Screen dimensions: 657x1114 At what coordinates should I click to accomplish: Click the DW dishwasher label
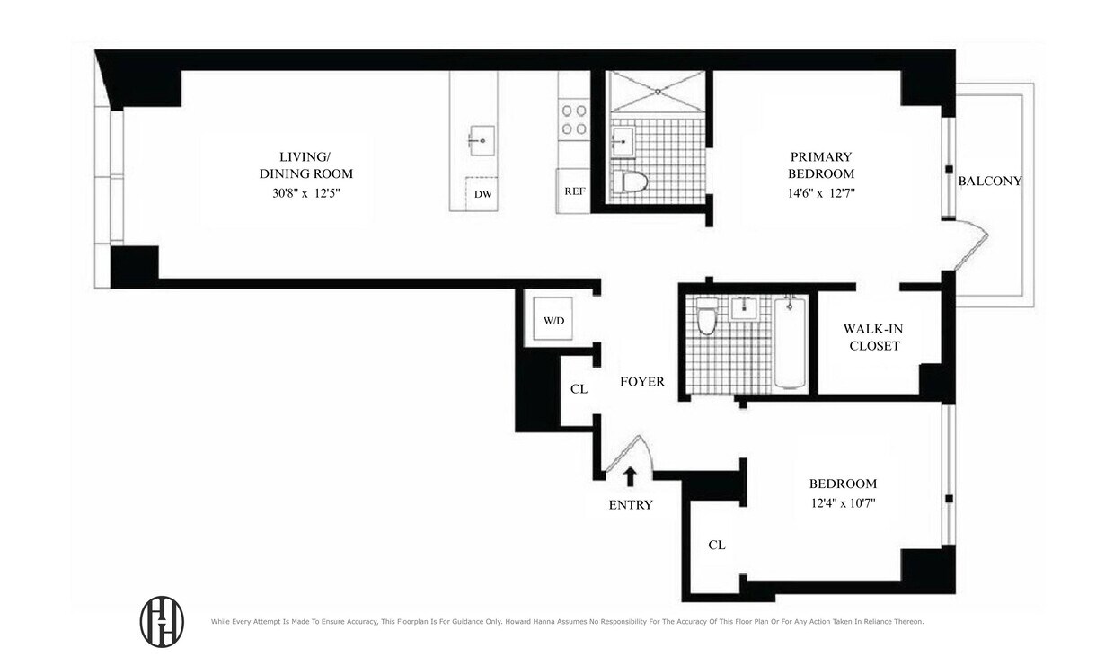[x=483, y=193]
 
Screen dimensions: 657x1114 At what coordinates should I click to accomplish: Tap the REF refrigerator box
[x=574, y=191]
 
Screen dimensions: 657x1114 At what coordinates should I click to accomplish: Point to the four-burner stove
[x=574, y=120]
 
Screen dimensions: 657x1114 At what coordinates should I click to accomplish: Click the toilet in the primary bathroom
[x=636, y=182]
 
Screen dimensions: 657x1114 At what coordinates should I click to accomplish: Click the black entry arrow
[x=631, y=476]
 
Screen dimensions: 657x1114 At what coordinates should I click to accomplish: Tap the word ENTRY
[x=631, y=505]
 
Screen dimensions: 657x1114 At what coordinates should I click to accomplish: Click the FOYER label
[x=642, y=382]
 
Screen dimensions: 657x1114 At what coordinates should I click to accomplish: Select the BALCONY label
[x=990, y=181]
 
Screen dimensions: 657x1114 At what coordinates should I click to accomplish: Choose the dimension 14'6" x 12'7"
[x=820, y=192]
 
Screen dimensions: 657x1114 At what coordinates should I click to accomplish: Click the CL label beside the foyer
[x=579, y=389]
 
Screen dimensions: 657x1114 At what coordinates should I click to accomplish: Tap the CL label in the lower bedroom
[x=717, y=545]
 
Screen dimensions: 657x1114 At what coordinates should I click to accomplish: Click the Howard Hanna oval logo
[x=162, y=621]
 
